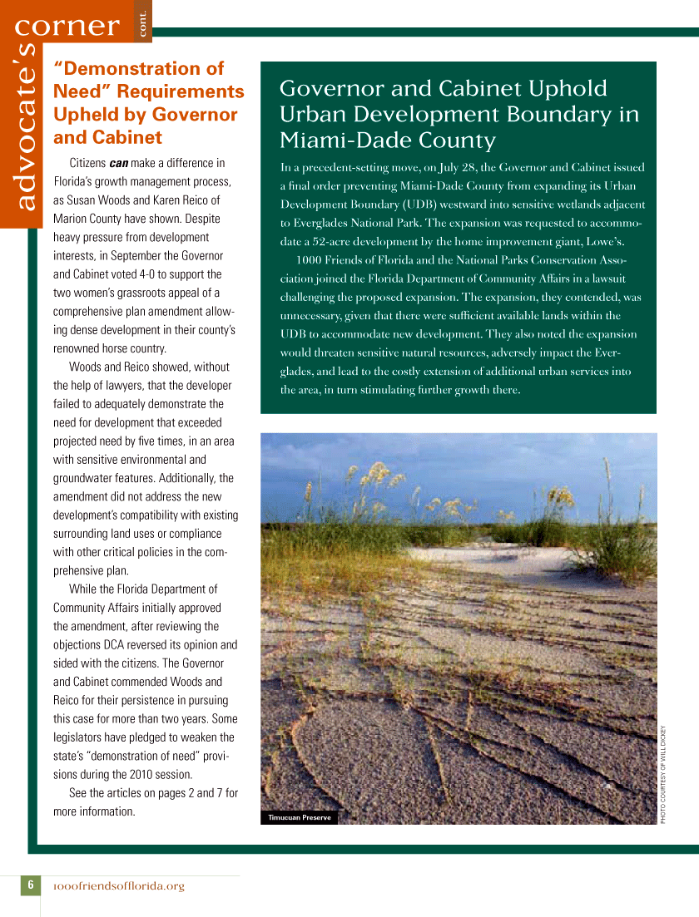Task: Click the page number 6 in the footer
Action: tap(30, 885)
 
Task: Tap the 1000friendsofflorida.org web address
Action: tap(118, 886)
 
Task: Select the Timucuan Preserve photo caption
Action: tap(299, 817)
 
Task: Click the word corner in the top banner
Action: tap(67, 27)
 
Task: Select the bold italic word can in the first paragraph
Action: tap(118, 163)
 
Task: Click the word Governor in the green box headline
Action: tap(332, 89)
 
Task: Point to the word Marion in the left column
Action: tap(72, 219)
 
